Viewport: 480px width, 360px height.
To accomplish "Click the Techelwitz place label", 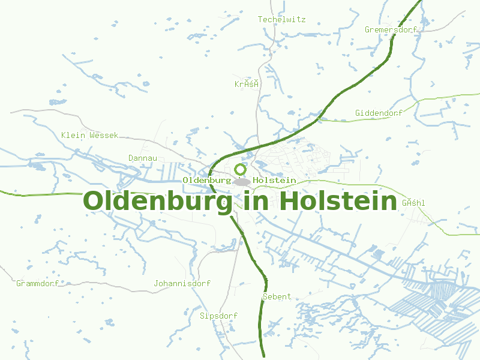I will click(281, 19).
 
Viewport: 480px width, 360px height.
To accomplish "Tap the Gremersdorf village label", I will click(391, 29).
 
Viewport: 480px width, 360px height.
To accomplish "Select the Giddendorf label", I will click(379, 113).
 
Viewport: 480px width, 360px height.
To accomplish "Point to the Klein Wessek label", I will click(89, 135).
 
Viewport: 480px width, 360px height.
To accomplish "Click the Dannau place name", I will click(143, 158).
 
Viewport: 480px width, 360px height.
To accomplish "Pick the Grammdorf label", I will click(37, 283).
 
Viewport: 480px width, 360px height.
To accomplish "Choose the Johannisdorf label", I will click(182, 283).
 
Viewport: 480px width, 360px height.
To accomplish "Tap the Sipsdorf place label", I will click(218, 316).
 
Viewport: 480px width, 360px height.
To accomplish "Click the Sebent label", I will click(277, 296).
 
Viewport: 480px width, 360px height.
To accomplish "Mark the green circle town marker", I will click(241, 170).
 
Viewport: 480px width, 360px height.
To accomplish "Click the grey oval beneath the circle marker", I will click(242, 182).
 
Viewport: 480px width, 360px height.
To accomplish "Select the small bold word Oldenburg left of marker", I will click(206, 180).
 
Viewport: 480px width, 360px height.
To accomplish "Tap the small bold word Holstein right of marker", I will click(275, 180).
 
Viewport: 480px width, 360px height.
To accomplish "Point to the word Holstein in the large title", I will click(338, 200).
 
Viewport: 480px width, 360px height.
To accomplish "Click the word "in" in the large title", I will click(256, 200).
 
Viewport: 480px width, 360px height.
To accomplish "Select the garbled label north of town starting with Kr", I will click(246, 84).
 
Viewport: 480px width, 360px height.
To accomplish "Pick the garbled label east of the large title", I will click(413, 203).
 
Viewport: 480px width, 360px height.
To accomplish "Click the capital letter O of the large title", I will click(94, 200).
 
